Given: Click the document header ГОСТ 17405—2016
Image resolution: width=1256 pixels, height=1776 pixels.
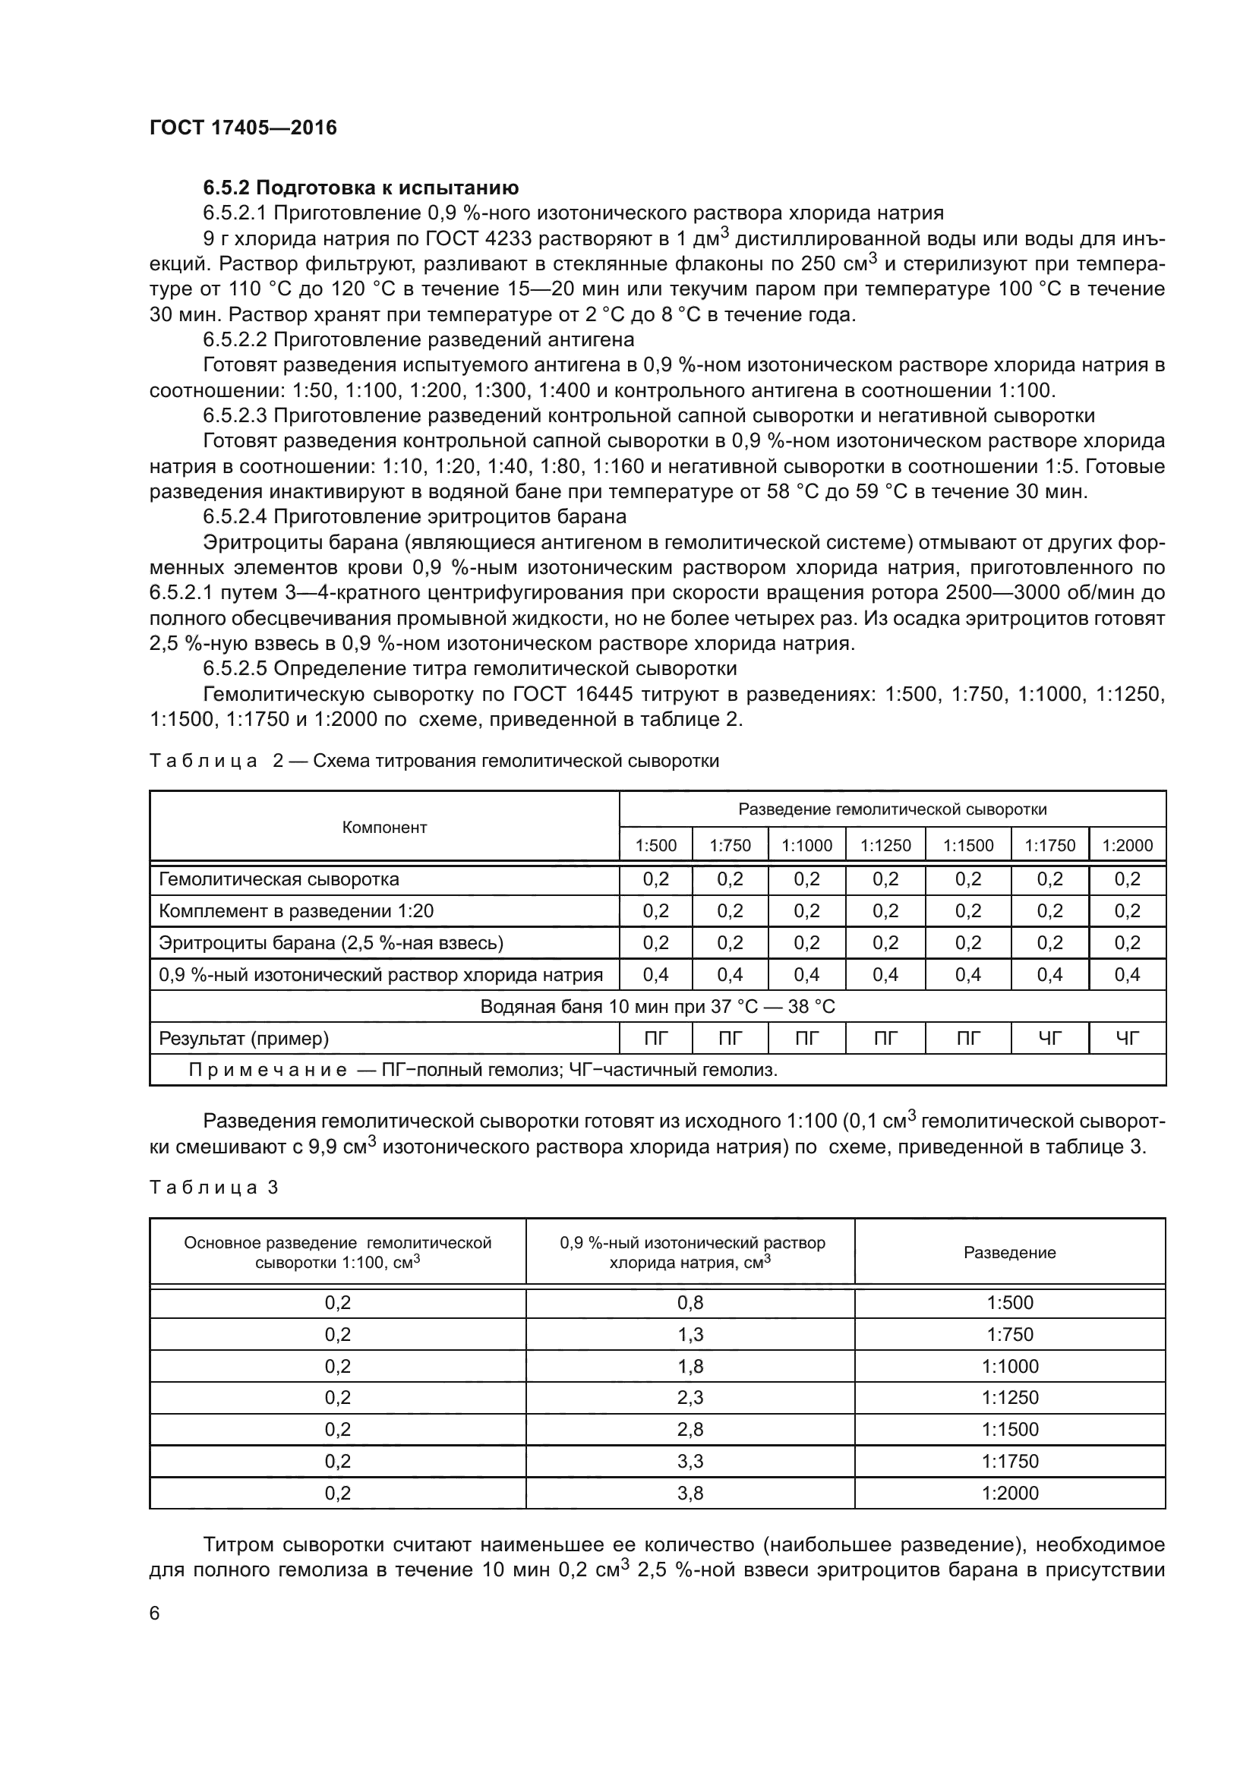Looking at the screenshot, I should tap(243, 128).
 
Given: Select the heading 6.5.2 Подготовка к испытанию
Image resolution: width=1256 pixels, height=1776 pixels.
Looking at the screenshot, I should tap(361, 188).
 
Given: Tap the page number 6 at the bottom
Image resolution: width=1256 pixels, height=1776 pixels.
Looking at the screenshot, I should tap(155, 1613).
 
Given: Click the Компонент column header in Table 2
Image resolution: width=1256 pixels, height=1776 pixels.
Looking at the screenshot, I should tap(384, 827).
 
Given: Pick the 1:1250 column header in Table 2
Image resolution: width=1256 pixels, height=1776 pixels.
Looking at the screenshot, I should tap(885, 845).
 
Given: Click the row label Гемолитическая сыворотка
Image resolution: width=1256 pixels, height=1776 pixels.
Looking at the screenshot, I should tap(279, 879).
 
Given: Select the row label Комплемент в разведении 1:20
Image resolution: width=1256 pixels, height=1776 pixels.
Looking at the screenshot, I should tap(296, 910).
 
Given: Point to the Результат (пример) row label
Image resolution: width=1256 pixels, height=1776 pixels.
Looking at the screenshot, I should tap(244, 1038).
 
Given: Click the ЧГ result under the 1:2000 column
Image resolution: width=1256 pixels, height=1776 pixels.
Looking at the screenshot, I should tap(1127, 1038).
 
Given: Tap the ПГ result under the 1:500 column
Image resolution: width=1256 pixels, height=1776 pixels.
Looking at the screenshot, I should tap(656, 1038).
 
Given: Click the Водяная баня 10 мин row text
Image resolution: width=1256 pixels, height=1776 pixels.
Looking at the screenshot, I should tap(658, 1006).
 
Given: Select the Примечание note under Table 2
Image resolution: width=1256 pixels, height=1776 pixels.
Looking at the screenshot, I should tap(484, 1070).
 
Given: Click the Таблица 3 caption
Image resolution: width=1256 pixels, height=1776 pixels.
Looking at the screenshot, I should tap(213, 1187).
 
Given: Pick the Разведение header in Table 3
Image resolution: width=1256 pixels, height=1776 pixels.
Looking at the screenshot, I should tap(1009, 1252).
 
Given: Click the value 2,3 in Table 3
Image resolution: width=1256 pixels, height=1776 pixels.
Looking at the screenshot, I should tap(690, 1397).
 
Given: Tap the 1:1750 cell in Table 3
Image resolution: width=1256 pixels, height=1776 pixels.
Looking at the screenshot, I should tap(1010, 1460).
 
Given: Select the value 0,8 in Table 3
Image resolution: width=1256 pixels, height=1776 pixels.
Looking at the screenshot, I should tap(690, 1303).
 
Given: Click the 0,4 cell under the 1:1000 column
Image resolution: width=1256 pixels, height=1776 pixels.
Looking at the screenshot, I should tap(806, 975).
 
